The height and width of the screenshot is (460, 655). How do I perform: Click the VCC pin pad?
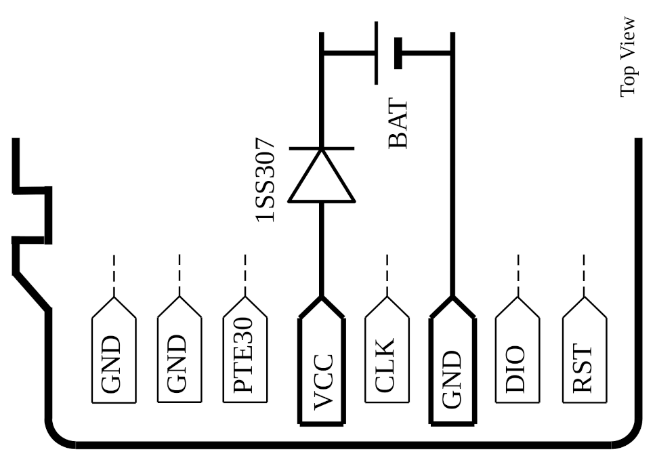coord(322,369)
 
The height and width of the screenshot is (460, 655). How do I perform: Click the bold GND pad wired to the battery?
coord(452,369)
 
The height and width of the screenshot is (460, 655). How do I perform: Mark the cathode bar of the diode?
coord(322,148)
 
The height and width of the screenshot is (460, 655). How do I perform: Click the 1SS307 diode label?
coord(265,180)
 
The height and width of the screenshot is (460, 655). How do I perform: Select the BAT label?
coord(398,124)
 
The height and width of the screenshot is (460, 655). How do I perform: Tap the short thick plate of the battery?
coord(398,53)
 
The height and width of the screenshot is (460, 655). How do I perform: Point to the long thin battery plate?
coord(376,53)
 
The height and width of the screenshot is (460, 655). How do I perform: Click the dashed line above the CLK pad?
coord(387,275)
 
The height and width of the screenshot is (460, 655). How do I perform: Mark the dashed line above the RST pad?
coord(584,275)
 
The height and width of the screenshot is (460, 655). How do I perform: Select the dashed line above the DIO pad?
coord(518,275)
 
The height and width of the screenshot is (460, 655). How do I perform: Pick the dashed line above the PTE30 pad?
coord(245,275)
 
